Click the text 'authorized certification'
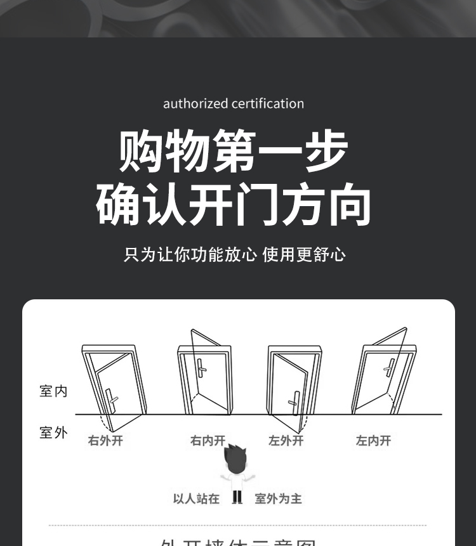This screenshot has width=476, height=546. point(233,103)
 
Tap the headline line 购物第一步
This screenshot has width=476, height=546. point(233,152)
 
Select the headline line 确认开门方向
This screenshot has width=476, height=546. point(233,204)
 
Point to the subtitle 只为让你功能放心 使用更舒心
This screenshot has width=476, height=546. point(234,255)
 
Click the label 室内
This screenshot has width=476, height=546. point(53,391)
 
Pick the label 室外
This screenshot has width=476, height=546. point(53,433)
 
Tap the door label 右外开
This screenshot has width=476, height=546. point(105,441)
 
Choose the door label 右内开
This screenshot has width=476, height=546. point(208,441)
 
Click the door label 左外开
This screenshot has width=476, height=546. point(286,441)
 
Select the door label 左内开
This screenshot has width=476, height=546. point(373,441)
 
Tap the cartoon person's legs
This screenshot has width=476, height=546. point(237,497)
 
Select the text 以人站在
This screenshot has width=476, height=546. point(196,499)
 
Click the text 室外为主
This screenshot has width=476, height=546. point(278,499)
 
